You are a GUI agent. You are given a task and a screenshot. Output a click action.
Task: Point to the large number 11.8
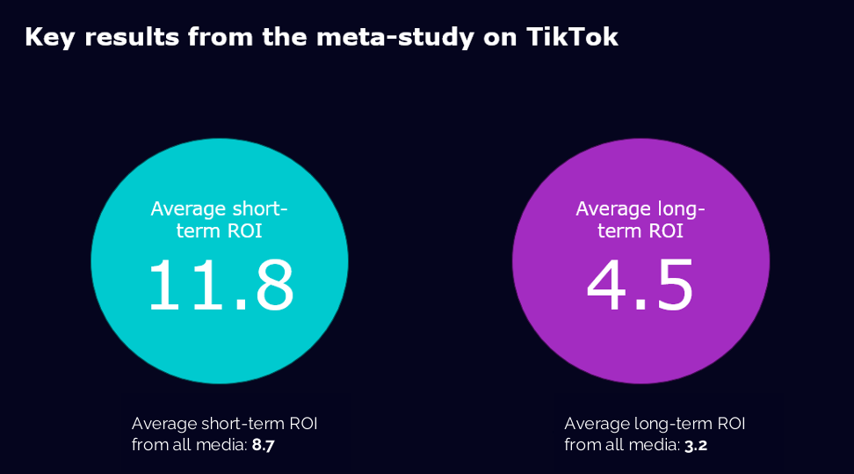(220, 286)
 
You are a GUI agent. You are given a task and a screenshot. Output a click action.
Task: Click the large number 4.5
(640, 286)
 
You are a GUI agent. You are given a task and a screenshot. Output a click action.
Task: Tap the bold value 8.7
(264, 445)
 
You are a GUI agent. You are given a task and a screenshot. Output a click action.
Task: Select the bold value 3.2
(696, 445)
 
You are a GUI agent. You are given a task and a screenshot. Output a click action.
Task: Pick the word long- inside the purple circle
(677, 209)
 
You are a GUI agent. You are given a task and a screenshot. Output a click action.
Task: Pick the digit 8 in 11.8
(267, 286)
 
